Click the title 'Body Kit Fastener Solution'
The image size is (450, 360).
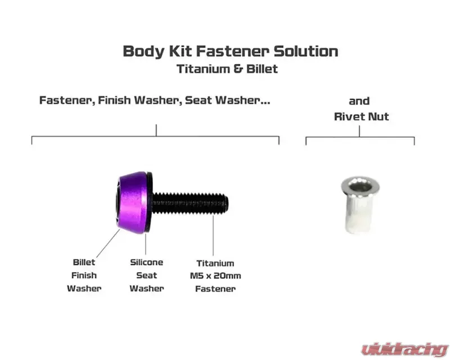pyautogui.click(x=231, y=52)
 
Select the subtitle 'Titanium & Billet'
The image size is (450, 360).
pyautogui.click(x=227, y=69)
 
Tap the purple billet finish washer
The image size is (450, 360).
pyautogui.click(x=133, y=202)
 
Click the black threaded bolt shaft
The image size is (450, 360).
pyautogui.click(x=190, y=203)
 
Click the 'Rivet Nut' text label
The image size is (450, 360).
pyautogui.click(x=361, y=116)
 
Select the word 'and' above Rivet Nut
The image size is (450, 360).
pyautogui.click(x=359, y=101)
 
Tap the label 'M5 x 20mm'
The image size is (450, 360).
pyautogui.click(x=215, y=276)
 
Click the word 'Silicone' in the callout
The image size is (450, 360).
pyautogui.click(x=146, y=262)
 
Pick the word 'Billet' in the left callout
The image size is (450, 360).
pyautogui.click(x=84, y=262)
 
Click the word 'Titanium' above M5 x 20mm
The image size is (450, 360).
pyautogui.click(x=215, y=263)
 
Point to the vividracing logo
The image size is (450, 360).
pyautogui.click(x=404, y=349)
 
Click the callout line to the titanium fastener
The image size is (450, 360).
pyautogui.click(x=213, y=236)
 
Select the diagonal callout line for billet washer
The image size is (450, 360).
pyautogui.click(x=108, y=244)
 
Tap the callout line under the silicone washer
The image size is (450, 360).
pyautogui.click(x=146, y=244)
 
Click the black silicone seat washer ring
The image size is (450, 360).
pyautogui.click(x=150, y=202)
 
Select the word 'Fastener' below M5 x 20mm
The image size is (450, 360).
pyautogui.click(x=215, y=289)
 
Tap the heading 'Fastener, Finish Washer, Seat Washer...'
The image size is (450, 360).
pyautogui.click(x=155, y=100)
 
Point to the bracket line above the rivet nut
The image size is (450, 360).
pyautogui.click(x=360, y=137)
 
